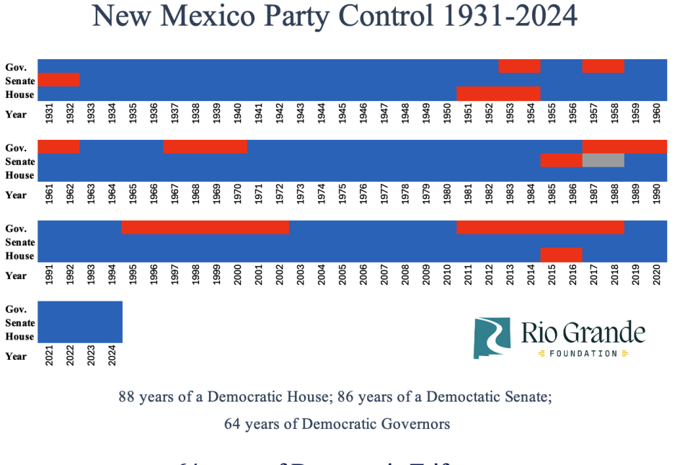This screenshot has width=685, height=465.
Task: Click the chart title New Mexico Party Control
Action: pos(335,16)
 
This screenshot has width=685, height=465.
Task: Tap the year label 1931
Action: pos(48,114)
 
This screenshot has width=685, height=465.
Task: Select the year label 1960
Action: pos(657,114)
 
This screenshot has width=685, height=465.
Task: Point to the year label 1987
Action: pos(593,195)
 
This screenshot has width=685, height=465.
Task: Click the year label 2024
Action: pos(112,356)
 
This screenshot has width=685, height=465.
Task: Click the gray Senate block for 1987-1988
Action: pos(603,161)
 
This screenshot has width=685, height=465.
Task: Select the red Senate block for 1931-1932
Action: pos(58,80)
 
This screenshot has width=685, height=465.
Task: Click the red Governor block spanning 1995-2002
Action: pos(205,228)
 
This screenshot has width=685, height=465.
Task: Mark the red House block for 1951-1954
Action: pos(498,94)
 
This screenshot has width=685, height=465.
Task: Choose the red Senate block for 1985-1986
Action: pos(561,161)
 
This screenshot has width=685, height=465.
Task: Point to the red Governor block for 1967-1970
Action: pos(205,147)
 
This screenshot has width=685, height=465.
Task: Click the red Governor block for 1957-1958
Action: pos(603,66)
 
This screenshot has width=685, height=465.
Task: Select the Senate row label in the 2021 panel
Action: pos(19,323)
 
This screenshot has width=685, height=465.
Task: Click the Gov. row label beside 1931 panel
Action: pos(16,67)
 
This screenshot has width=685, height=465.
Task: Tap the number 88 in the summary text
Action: pos(126,397)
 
